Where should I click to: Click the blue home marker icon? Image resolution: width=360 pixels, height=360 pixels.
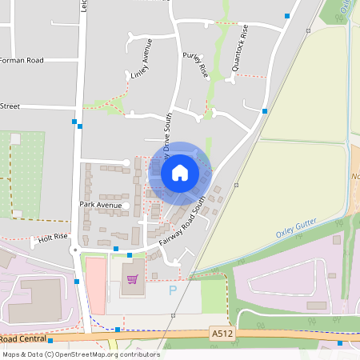click(x=179, y=172)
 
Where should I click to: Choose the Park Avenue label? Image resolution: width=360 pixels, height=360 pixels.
click(x=100, y=206)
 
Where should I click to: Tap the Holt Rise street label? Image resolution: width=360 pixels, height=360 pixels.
click(x=49, y=238)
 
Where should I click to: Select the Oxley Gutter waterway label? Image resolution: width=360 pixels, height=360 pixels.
click(x=297, y=229)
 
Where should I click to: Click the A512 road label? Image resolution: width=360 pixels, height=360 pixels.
click(x=222, y=332)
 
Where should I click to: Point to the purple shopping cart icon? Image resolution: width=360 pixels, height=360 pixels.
click(x=132, y=279)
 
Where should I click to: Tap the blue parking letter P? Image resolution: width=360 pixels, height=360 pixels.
click(x=172, y=291)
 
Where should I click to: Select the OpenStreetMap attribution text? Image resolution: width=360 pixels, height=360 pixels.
click(x=80, y=354)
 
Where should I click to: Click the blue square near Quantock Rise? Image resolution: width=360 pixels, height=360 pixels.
click(x=264, y=111)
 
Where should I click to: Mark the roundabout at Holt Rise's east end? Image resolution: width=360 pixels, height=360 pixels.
click(x=74, y=250)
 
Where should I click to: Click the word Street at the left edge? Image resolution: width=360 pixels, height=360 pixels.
click(x=10, y=106)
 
